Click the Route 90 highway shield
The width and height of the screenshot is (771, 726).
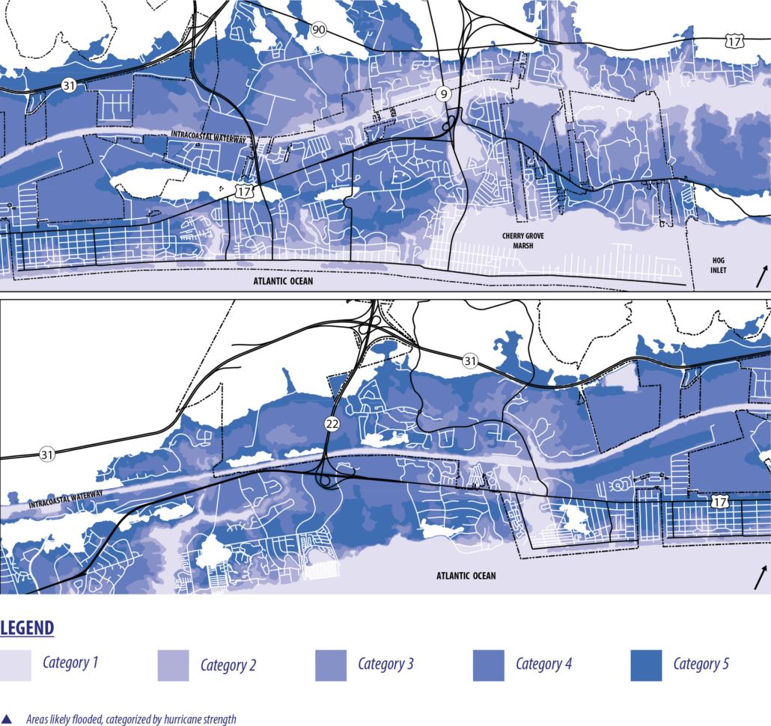(319, 29)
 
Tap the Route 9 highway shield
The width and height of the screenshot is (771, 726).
(443, 93)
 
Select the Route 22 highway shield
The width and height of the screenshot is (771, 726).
(332, 425)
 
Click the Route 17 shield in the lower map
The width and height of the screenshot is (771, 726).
(719, 502)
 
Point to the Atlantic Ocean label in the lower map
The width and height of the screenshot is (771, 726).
(466, 576)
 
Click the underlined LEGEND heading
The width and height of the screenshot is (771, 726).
(28, 627)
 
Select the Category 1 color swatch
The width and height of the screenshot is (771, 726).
(16, 665)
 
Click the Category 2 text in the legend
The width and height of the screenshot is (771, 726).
(228, 665)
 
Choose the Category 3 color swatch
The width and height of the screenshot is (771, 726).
(331, 665)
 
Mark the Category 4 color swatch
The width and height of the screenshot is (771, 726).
(489, 665)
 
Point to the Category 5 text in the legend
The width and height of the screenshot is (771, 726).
(701, 664)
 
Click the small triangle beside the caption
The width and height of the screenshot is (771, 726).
(7, 719)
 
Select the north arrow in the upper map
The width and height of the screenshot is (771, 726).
(761, 276)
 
